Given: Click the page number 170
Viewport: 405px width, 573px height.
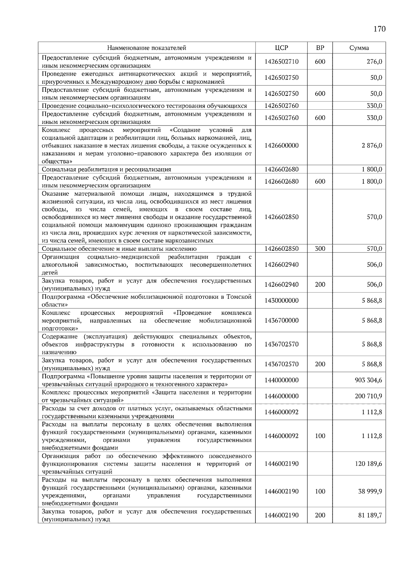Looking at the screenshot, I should coord(379,29).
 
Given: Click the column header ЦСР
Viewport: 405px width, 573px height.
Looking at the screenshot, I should coord(281,48).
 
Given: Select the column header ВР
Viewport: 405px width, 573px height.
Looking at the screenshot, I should coord(320,48).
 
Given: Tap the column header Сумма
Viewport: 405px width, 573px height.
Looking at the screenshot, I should coord(359,48).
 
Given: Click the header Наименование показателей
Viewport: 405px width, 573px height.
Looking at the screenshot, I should coord(147,48).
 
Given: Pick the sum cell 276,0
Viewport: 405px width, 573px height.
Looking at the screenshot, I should coord(374,62).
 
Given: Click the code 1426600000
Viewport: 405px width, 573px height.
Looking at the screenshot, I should coord(281,145).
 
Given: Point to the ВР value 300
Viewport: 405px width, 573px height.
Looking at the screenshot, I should coord(320,249).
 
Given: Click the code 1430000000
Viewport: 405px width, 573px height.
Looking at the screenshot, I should coord(281,300).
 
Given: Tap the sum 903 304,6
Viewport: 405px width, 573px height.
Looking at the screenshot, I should coord(368,380).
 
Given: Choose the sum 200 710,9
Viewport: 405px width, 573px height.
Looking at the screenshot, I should coord(368,396).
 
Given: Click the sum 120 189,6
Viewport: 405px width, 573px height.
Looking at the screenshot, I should coord(368,464).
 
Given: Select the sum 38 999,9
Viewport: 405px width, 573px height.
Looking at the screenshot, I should coord(370,491).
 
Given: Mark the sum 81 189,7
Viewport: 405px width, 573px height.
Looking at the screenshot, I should coord(370,515).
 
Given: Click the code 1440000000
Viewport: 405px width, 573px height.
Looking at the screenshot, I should coord(281,380).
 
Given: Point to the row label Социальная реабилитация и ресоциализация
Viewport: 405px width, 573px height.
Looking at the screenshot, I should coord(106,169).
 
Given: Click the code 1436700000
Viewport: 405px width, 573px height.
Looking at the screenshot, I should coord(281,320).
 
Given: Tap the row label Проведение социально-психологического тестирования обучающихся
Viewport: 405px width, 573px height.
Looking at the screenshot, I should coord(144,106).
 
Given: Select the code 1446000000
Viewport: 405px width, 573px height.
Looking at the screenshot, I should coord(281,396).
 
